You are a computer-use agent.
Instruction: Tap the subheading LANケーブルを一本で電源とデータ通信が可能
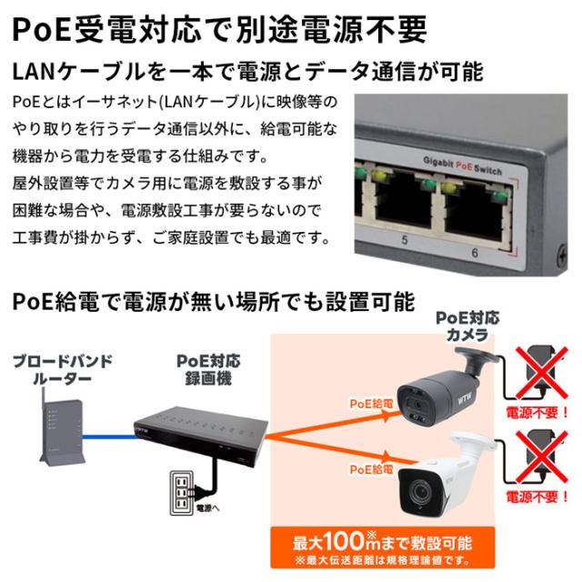pyautogui.click(x=246, y=71)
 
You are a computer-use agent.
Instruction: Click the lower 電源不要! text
pyautogui.click(x=538, y=499)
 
